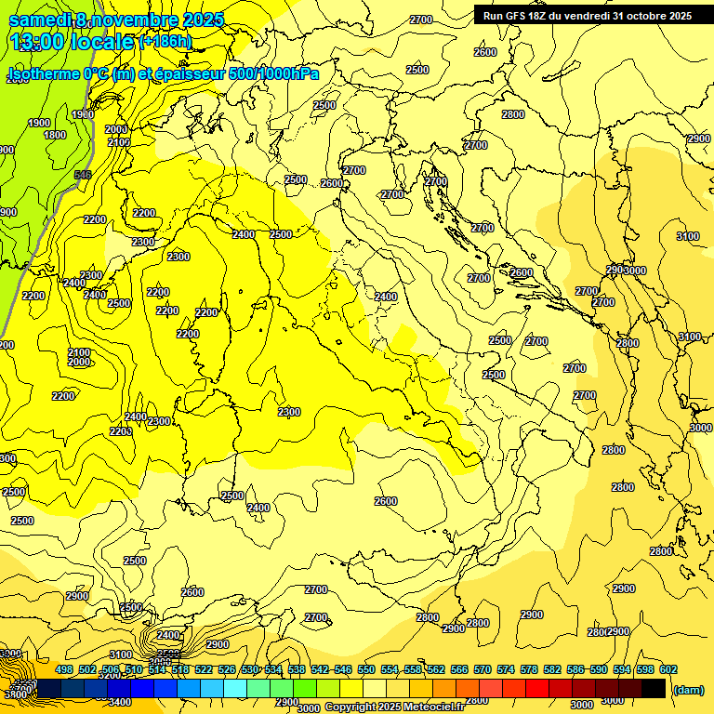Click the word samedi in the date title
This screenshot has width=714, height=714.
(x=38, y=19)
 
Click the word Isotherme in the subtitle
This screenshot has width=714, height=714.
(x=42, y=73)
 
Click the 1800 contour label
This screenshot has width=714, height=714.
(x=55, y=135)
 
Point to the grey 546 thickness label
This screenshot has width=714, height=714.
(x=83, y=175)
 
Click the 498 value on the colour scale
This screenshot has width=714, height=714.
(x=64, y=669)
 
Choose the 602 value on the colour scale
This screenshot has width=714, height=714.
(x=668, y=669)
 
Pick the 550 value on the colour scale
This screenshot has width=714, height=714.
(x=366, y=669)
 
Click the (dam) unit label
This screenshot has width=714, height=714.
(x=689, y=689)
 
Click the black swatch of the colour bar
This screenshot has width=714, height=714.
(x=654, y=688)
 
